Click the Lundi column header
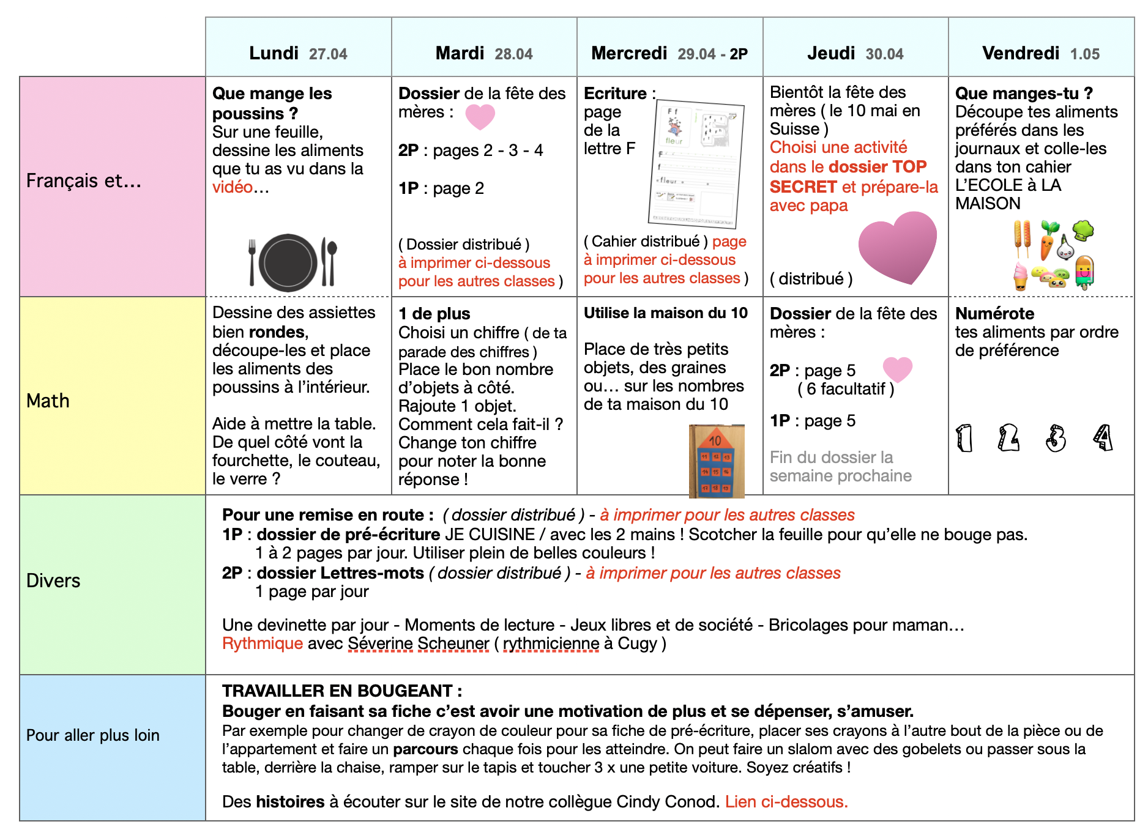pos(298,53)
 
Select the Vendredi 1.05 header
pos(1040,53)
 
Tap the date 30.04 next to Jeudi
pos(884,54)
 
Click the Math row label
pos(48,401)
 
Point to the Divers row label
pos(53,580)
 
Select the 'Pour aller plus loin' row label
pos(92,735)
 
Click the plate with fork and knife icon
pos(293,262)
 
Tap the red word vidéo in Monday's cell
pos(233,187)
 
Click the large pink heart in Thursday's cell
pos(898,247)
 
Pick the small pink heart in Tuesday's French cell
pos(480,116)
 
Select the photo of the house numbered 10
pos(716,461)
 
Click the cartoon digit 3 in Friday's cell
pos(1056,438)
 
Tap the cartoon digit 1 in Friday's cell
pos(964,438)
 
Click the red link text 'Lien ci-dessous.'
pos(786,801)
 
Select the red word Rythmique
pos(263,643)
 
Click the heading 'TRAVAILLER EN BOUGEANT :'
pos(342,691)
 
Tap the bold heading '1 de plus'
pos(434,314)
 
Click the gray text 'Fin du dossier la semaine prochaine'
pos(840,466)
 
